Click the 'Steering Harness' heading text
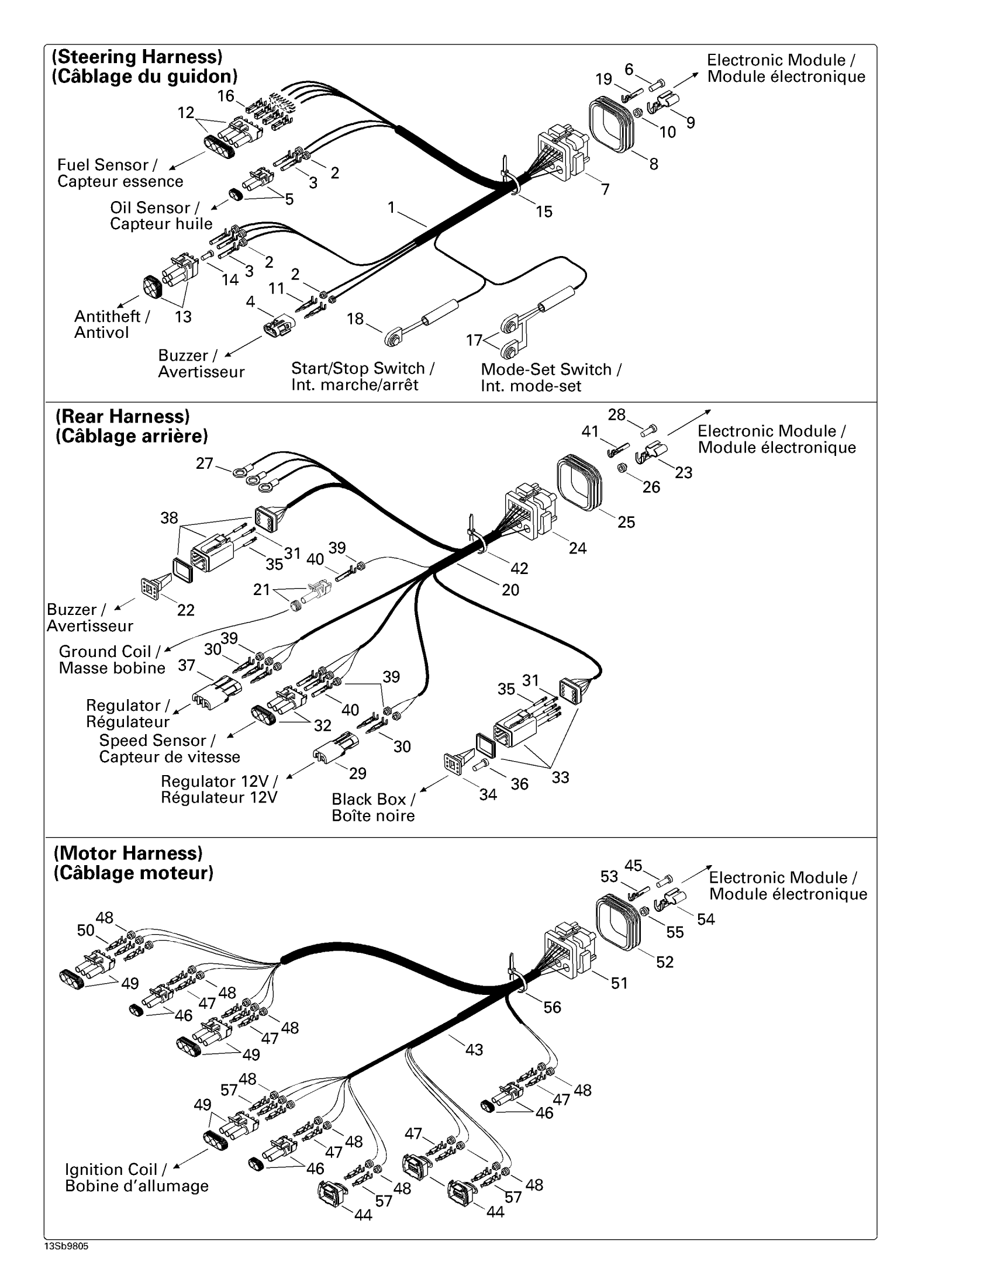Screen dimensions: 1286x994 point(137,57)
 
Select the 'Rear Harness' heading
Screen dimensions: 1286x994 point(122,416)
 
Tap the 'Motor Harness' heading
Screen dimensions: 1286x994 point(129,853)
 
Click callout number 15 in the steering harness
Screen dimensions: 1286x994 point(544,212)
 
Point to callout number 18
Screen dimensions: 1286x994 point(355,319)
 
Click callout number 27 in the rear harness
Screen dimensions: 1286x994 point(204,464)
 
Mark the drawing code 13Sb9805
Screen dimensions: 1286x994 point(66,1247)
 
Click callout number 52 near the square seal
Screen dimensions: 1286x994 point(665,962)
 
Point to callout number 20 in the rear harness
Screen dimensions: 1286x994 point(510,589)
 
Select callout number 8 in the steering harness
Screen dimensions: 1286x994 point(654,164)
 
